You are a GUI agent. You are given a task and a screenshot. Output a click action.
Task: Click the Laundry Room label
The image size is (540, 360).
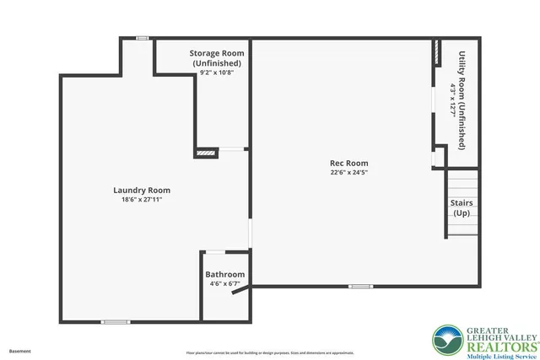136,191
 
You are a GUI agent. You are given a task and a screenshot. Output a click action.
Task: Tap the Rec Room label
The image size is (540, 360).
348,164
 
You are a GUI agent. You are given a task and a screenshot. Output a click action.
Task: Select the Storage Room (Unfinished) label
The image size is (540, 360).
216,58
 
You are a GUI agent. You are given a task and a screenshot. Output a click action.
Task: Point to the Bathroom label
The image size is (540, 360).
225,275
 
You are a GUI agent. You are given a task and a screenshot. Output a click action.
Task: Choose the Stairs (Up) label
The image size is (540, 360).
462,207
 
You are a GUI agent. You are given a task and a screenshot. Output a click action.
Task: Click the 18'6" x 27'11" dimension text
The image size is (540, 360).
136,200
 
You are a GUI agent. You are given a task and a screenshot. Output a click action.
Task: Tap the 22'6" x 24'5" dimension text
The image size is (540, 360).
348,173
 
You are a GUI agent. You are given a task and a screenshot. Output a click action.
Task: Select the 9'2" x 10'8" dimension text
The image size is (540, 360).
216,73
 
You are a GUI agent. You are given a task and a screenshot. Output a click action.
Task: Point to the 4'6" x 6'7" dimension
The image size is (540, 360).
225,284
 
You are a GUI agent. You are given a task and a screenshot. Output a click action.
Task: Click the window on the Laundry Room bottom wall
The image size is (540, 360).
116,321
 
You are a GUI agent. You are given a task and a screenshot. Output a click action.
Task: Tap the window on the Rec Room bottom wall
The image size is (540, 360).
360,286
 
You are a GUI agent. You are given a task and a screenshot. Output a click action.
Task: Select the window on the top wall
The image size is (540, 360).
143,38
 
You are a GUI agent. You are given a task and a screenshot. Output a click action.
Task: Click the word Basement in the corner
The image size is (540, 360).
20,350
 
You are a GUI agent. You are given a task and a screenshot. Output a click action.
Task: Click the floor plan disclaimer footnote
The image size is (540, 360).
269,351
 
